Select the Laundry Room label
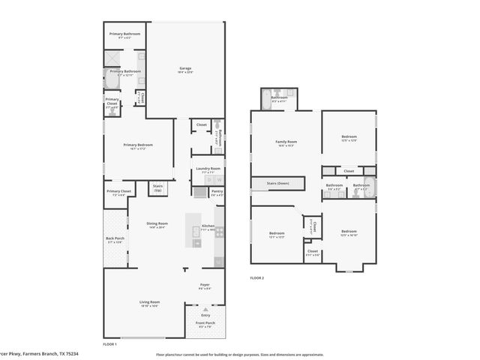click(207, 169)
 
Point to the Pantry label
click(217, 192)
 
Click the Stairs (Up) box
click(158, 187)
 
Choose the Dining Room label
click(157, 224)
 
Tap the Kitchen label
click(208, 227)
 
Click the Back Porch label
click(115, 240)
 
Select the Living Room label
click(150, 302)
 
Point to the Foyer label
click(205, 286)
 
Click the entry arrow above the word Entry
click(205, 307)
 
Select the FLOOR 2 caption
click(257, 277)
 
